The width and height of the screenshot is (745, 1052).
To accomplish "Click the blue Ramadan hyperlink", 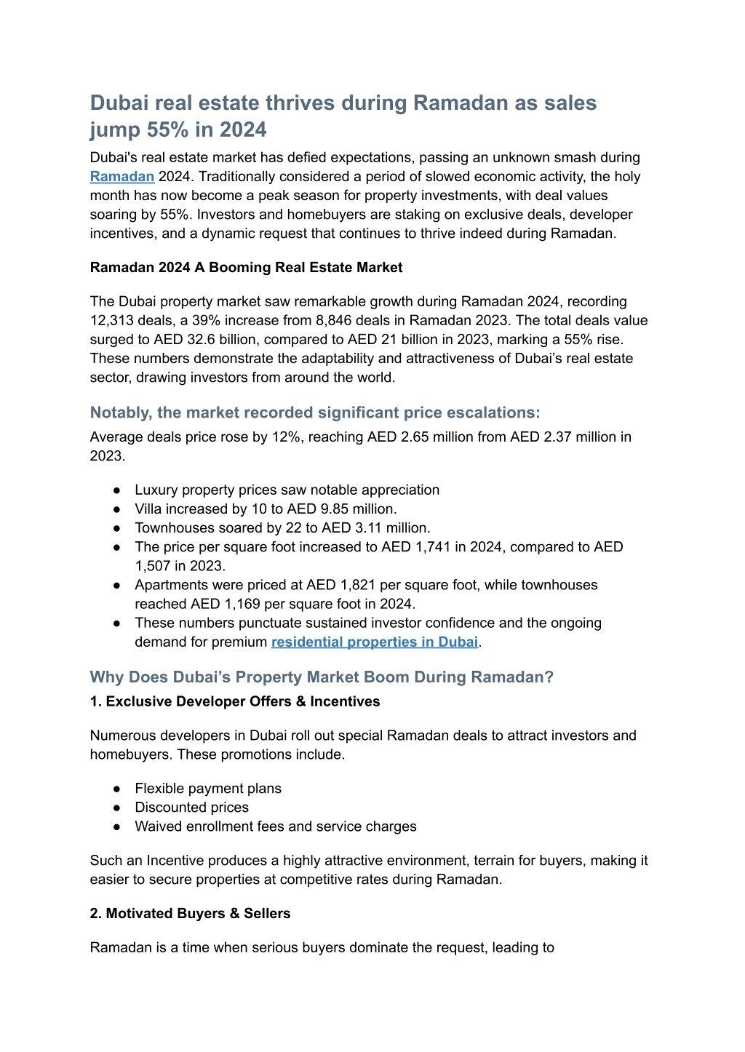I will [x=121, y=177].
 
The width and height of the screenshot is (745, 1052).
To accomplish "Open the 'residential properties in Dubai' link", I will [x=374, y=642].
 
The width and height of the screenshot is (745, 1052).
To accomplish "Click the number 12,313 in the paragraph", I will [x=113, y=321].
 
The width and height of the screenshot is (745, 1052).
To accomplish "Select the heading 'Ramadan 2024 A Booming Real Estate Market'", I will [x=246, y=268].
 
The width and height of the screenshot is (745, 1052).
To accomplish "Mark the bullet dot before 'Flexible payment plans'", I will [x=117, y=789].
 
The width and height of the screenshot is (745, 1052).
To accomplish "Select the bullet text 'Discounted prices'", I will [x=191, y=808].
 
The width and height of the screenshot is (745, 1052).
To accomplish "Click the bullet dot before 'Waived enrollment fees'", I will [x=117, y=826].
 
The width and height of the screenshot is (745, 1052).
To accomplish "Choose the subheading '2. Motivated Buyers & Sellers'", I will [x=190, y=914].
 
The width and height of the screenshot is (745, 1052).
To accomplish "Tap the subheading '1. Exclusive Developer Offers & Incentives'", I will [x=235, y=702].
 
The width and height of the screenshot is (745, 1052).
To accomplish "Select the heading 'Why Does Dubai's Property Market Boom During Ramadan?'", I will [x=322, y=677].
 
